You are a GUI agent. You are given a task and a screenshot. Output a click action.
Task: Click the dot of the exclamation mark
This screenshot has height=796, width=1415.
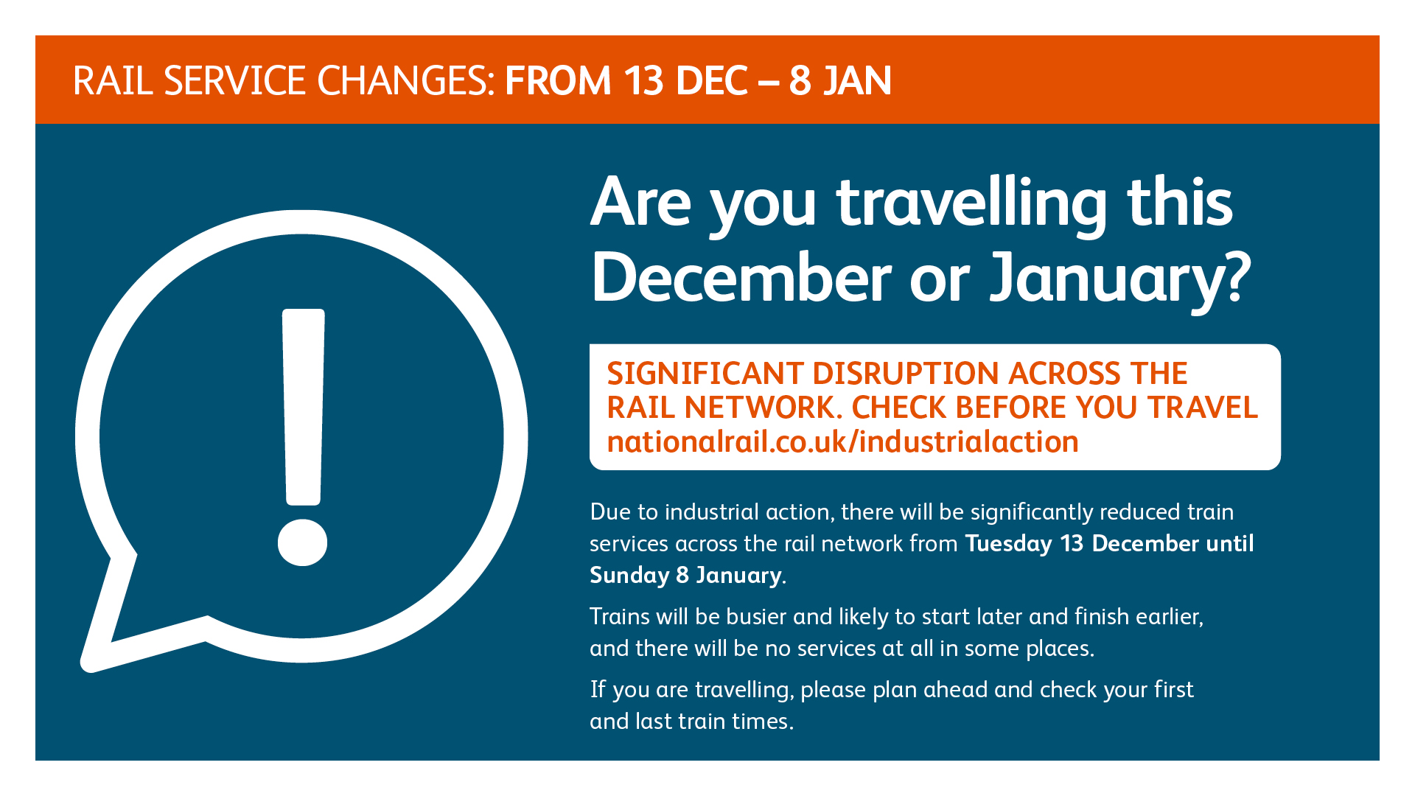[x=302, y=542]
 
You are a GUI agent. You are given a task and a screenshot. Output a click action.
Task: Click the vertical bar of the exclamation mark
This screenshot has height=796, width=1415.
[x=303, y=407]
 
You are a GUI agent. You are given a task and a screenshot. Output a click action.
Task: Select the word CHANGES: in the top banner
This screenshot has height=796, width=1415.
[x=405, y=80]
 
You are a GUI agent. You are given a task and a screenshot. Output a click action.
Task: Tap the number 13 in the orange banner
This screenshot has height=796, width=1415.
[x=643, y=80]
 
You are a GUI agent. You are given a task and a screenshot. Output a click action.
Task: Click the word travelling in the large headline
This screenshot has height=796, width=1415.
[x=971, y=203]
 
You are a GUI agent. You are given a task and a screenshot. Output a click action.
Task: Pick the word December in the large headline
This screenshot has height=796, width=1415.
[x=741, y=277]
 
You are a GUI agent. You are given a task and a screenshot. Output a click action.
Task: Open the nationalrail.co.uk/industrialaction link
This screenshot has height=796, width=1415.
[x=842, y=442]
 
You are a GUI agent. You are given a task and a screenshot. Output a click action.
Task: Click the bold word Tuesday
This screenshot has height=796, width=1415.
[x=1008, y=544]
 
